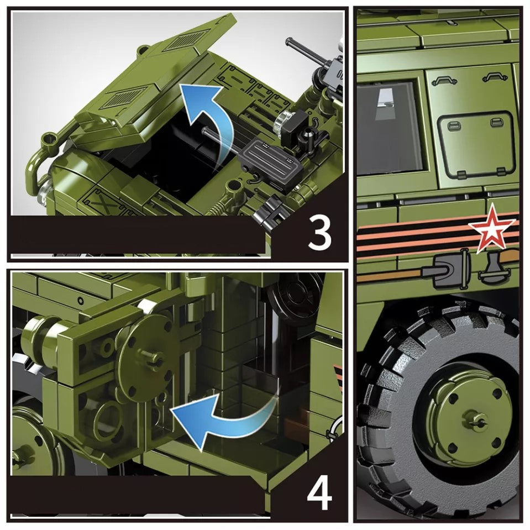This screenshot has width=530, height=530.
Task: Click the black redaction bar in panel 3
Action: [138, 234]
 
